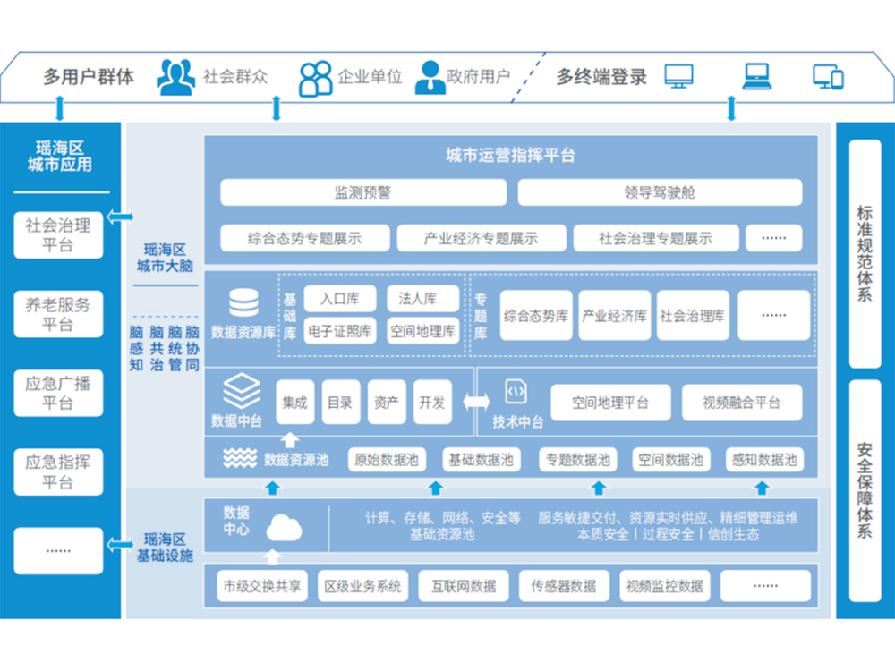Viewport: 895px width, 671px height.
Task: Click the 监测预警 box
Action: (x=363, y=192)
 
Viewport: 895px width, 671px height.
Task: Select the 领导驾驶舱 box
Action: (x=660, y=192)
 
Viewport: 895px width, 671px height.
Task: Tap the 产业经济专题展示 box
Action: (x=481, y=238)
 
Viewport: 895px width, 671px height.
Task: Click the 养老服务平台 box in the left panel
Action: (x=58, y=314)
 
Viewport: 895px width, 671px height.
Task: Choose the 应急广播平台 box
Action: (x=58, y=394)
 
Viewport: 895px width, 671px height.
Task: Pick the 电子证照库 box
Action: (x=340, y=331)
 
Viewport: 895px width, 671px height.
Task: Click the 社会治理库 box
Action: (x=693, y=316)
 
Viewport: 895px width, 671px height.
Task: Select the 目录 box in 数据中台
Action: (x=340, y=403)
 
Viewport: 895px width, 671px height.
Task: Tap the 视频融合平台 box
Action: (x=741, y=403)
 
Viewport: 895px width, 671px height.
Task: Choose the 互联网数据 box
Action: (x=464, y=587)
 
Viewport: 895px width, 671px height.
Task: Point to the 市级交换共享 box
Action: (x=262, y=587)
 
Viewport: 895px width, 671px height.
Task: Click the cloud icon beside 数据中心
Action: (x=284, y=528)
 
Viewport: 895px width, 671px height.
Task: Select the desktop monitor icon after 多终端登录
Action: (x=678, y=76)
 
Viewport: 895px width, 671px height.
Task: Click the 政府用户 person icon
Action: (x=430, y=77)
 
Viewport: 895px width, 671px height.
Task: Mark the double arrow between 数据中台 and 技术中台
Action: (x=476, y=403)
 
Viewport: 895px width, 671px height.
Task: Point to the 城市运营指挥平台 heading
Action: (x=510, y=156)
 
